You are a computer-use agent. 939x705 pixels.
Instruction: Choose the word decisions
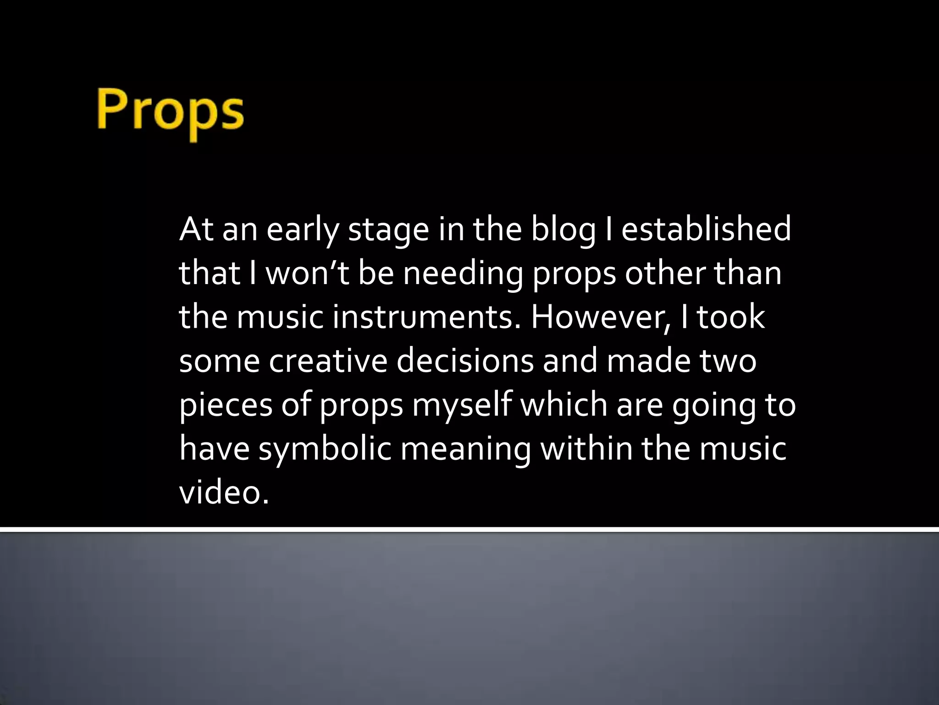point(465,361)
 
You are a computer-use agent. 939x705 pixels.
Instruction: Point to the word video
point(224,492)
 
